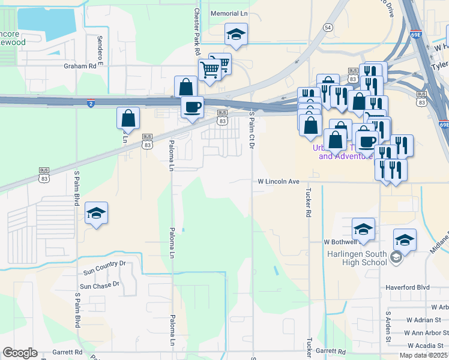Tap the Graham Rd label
80,67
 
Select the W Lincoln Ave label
278,181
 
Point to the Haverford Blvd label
408,287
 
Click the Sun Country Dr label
104,263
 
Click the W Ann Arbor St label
424,333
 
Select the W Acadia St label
427,346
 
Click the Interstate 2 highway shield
90,103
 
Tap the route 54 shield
327,28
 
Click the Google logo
20,353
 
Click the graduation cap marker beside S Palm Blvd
96,213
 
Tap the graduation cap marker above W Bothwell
363,229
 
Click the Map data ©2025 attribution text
422,356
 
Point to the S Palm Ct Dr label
252,130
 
